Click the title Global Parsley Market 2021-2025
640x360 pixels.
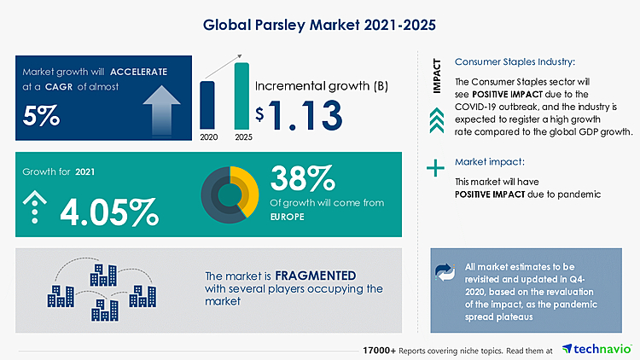click(x=320, y=25)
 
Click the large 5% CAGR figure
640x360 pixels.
click(x=41, y=114)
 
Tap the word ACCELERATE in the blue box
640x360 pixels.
click(x=139, y=71)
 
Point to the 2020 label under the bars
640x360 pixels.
click(x=207, y=136)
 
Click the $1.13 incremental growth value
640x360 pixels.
click(x=298, y=114)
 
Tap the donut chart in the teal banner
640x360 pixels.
click(x=230, y=194)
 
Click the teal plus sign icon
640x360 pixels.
click(x=436, y=168)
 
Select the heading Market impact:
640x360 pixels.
click(x=490, y=161)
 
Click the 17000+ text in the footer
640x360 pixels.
click(x=378, y=350)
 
